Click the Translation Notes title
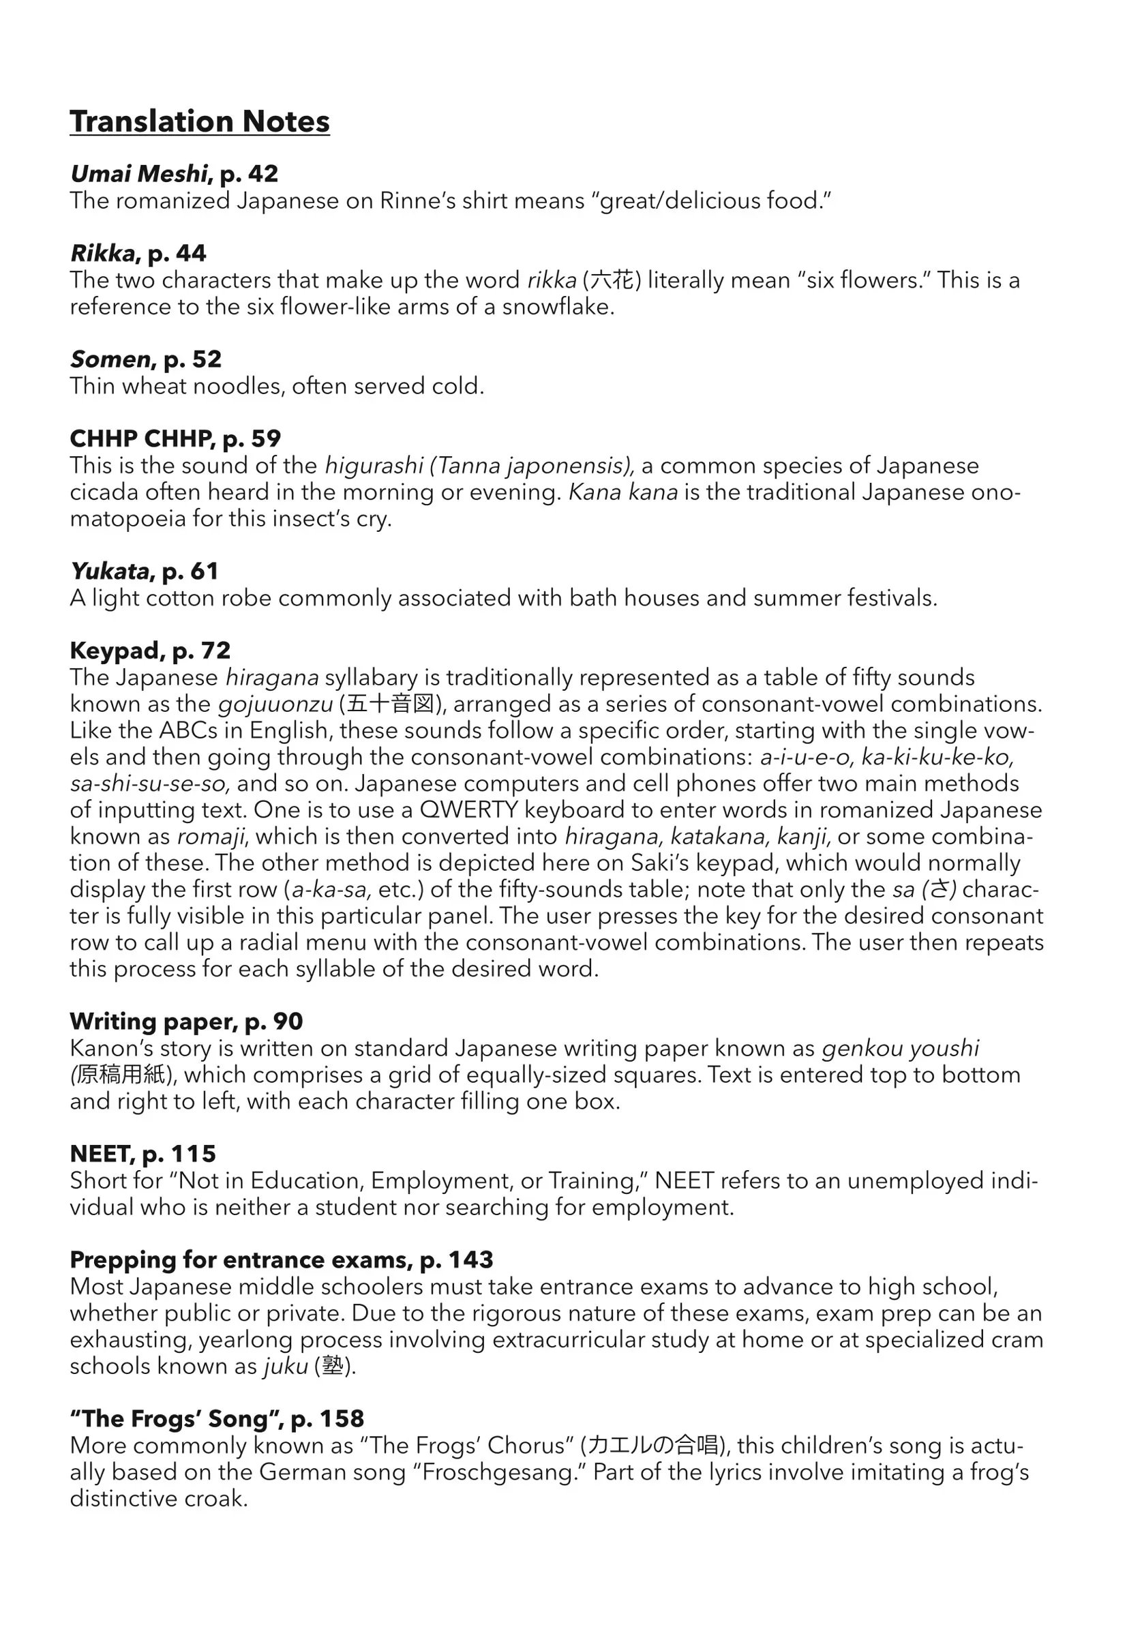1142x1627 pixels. [199, 121]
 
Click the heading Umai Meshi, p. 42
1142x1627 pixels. [174, 174]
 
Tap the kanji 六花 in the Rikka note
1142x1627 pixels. [612, 281]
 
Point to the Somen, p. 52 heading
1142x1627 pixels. [145, 359]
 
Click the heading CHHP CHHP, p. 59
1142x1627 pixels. [175, 438]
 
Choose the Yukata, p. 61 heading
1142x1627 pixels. [144, 571]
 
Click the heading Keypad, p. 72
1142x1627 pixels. [150, 651]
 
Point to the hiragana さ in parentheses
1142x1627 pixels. [939, 889]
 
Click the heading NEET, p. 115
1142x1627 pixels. [142, 1154]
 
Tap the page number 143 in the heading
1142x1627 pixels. [470, 1260]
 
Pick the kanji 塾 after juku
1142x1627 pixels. [332, 1367]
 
